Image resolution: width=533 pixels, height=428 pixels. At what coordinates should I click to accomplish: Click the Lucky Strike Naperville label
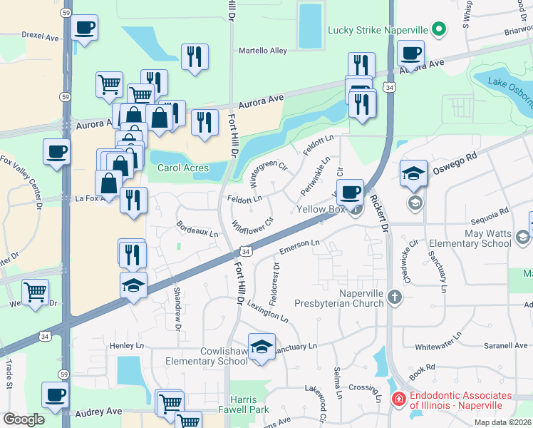377,30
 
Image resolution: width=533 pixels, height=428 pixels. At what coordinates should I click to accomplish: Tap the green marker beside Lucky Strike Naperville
440,30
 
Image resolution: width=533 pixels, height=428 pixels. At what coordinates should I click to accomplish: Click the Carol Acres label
183,168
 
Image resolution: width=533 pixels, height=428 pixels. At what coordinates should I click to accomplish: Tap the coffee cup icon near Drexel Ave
86,28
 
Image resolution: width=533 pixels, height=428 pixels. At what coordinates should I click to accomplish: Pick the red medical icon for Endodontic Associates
399,400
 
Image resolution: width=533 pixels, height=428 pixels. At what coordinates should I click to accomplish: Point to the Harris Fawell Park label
249,405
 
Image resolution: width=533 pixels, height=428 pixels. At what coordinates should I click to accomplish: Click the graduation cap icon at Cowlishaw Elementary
262,346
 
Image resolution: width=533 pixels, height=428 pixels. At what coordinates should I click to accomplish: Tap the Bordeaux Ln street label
197,233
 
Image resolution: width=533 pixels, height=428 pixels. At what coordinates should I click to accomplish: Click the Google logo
24,419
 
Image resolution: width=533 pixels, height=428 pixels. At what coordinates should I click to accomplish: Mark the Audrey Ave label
98,412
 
